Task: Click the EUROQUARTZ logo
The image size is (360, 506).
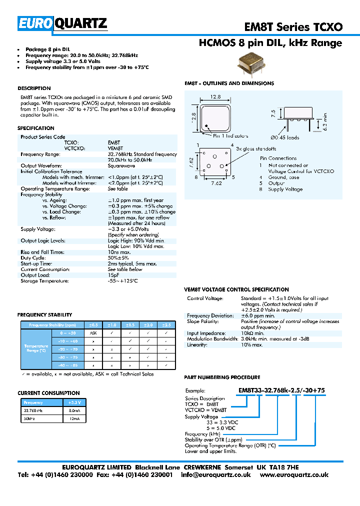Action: point(62,23)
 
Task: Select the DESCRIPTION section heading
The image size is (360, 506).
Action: point(34,88)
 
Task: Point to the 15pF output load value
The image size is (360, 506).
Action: point(113,275)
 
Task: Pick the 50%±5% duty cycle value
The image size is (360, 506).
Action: point(118,258)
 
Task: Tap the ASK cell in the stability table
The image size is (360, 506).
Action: point(93,332)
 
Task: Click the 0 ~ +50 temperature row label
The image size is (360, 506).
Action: point(68,332)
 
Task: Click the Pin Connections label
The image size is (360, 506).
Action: point(278,158)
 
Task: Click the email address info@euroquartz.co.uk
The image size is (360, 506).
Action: point(215,474)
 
